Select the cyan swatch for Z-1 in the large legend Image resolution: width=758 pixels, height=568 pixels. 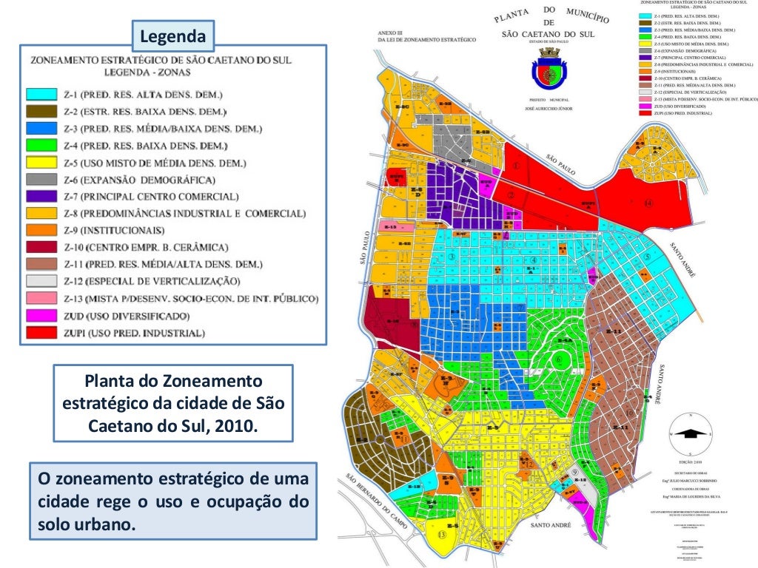[x=41, y=95]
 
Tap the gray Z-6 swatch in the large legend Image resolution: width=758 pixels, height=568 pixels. [x=41, y=180]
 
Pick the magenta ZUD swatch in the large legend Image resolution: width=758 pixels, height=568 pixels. [x=41, y=316]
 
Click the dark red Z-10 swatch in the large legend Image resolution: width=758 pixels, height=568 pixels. [x=41, y=248]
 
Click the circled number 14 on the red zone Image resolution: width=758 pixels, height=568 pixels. [x=648, y=203]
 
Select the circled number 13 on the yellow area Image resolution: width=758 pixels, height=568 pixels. [x=442, y=535]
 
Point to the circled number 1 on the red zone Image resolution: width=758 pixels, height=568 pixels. [x=516, y=167]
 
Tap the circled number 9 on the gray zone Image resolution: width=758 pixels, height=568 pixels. [x=575, y=472]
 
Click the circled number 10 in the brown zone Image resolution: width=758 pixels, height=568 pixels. [x=630, y=413]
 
